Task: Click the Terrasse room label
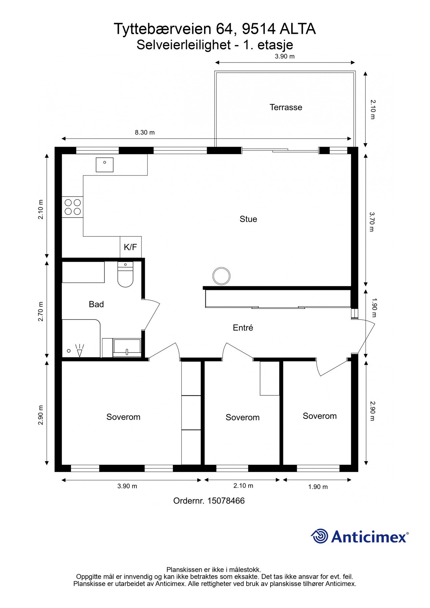pos(286,107)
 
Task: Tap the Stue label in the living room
pos(248,219)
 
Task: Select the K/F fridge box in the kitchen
pos(130,247)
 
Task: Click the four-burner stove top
pos(73,207)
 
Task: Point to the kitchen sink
pos(105,164)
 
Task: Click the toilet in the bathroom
pos(125,274)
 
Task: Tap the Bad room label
pos(96,304)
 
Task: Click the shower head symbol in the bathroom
pos(79,350)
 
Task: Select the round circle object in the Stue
pos(222,276)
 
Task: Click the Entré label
pos(243,328)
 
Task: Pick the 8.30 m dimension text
pos(145,132)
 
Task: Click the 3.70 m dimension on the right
pos(372,222)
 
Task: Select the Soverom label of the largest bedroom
pos(123,417)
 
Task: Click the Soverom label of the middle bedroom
pos(243,417)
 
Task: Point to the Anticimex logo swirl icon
pos(320,536)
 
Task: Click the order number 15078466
pos(226,501)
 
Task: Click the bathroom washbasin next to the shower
pos(127,348)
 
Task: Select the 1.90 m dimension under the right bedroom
pos(318,487)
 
